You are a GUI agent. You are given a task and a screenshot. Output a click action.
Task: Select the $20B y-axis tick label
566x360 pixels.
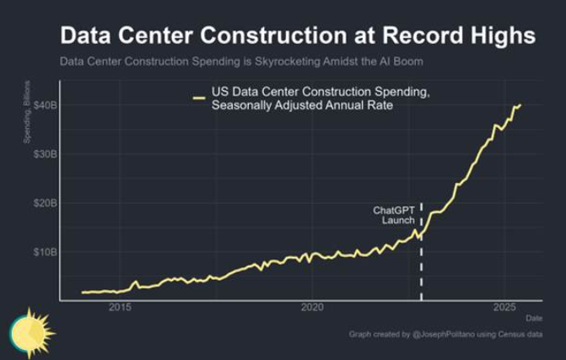click(x=46, y=202)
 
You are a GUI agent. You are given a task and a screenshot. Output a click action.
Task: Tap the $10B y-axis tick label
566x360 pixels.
click(x=46, y=251)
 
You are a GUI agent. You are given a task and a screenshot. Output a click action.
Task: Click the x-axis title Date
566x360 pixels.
click(x=534, y=318)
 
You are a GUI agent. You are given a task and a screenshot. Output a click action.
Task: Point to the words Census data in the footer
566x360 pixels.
click(x=520, y=335)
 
